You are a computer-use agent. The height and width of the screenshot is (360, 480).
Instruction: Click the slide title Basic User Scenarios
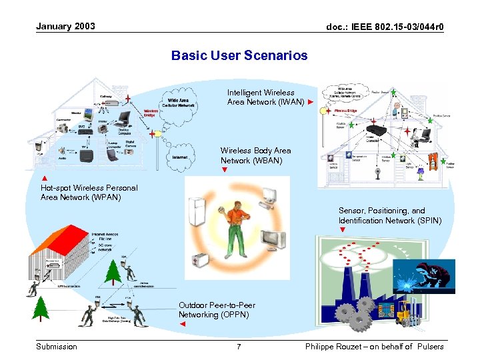[x=239, y=55]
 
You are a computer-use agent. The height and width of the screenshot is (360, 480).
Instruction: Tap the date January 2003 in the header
[x=65, y=27]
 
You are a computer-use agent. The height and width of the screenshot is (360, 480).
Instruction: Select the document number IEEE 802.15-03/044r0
[x=385, y=27]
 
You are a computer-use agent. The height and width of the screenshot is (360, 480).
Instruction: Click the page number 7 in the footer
[x=239, y=347]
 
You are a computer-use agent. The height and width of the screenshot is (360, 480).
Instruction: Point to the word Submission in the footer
[x=57, y=347]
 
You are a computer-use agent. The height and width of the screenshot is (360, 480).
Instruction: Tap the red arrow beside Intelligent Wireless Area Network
[x=310, y=103]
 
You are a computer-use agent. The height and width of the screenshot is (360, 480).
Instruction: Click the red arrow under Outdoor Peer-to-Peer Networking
[x=183, y=324]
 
